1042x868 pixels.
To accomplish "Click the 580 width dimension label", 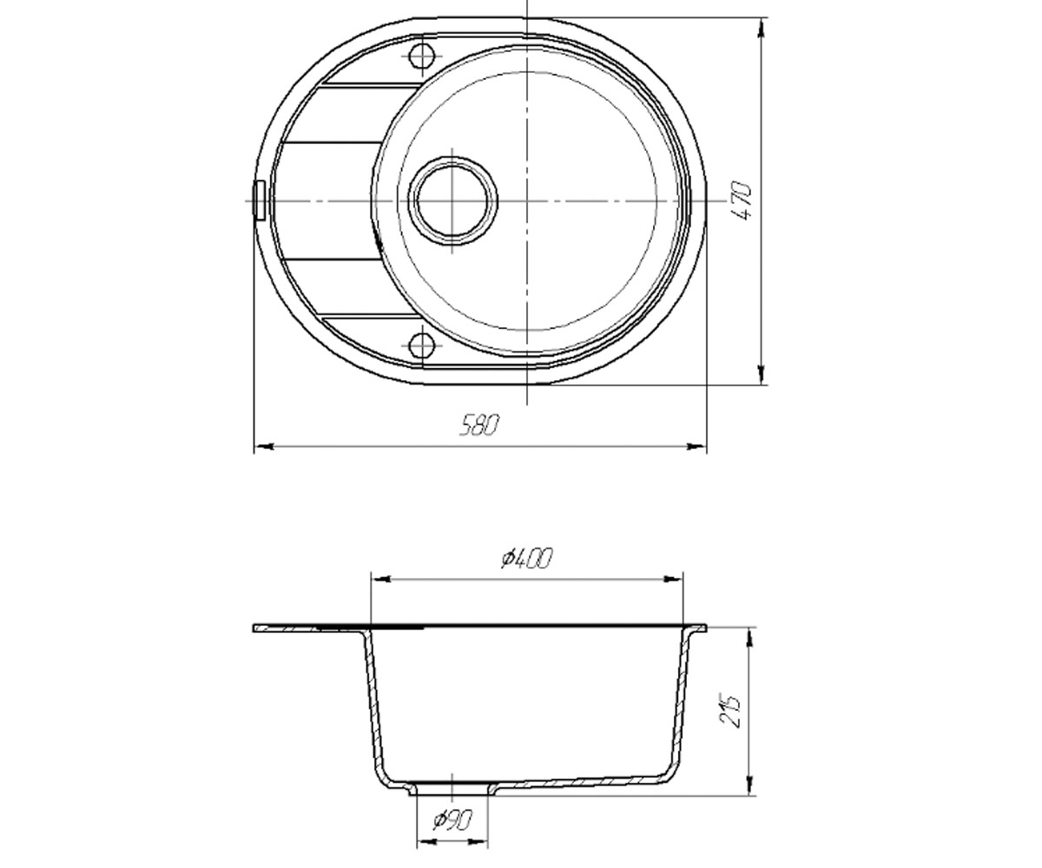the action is pyautogui.click(x=478, y=425).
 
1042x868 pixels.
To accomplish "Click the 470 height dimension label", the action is pyautogui.click(x=741, y=201).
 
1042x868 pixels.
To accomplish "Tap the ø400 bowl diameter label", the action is pyautogui.click(x=527, y=558).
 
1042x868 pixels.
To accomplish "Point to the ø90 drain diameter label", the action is pyautogui.click(x=452, y=820).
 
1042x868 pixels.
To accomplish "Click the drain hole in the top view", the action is pyautogui.click(x=452, y=201).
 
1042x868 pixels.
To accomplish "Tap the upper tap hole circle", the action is pyautogui.click(x=422, y=56).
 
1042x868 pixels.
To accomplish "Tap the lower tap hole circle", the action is pyautogui.click(x=422, y=345).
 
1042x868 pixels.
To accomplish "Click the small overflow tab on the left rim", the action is pyautogui.click(x=260, y=201).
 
